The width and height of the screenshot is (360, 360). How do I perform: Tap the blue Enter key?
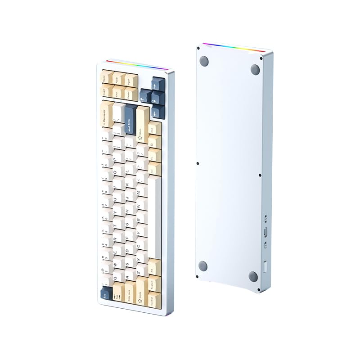coord(130,119)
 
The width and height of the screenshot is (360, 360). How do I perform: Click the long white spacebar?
coord(154,216)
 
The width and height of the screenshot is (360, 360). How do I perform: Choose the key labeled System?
coord(153,286)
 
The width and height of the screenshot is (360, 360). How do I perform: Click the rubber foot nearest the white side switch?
coord(253,276)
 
